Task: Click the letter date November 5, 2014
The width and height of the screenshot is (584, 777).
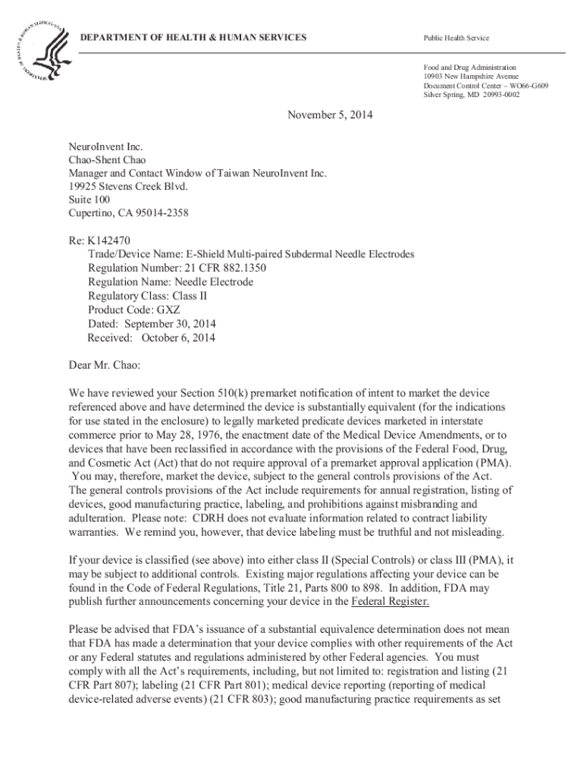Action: pyautogui.click(x=330, y=115)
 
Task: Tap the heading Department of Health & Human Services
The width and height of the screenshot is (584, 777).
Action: pyautogui.click(x=193, y=37)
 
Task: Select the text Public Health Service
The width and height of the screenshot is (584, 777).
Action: pyautogui.click(x=456, y=38)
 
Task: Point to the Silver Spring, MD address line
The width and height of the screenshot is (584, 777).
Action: pyautogui.click(x=472, y=95)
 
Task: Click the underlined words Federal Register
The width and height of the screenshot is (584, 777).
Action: pyautogui.click(x=391, y=602)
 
